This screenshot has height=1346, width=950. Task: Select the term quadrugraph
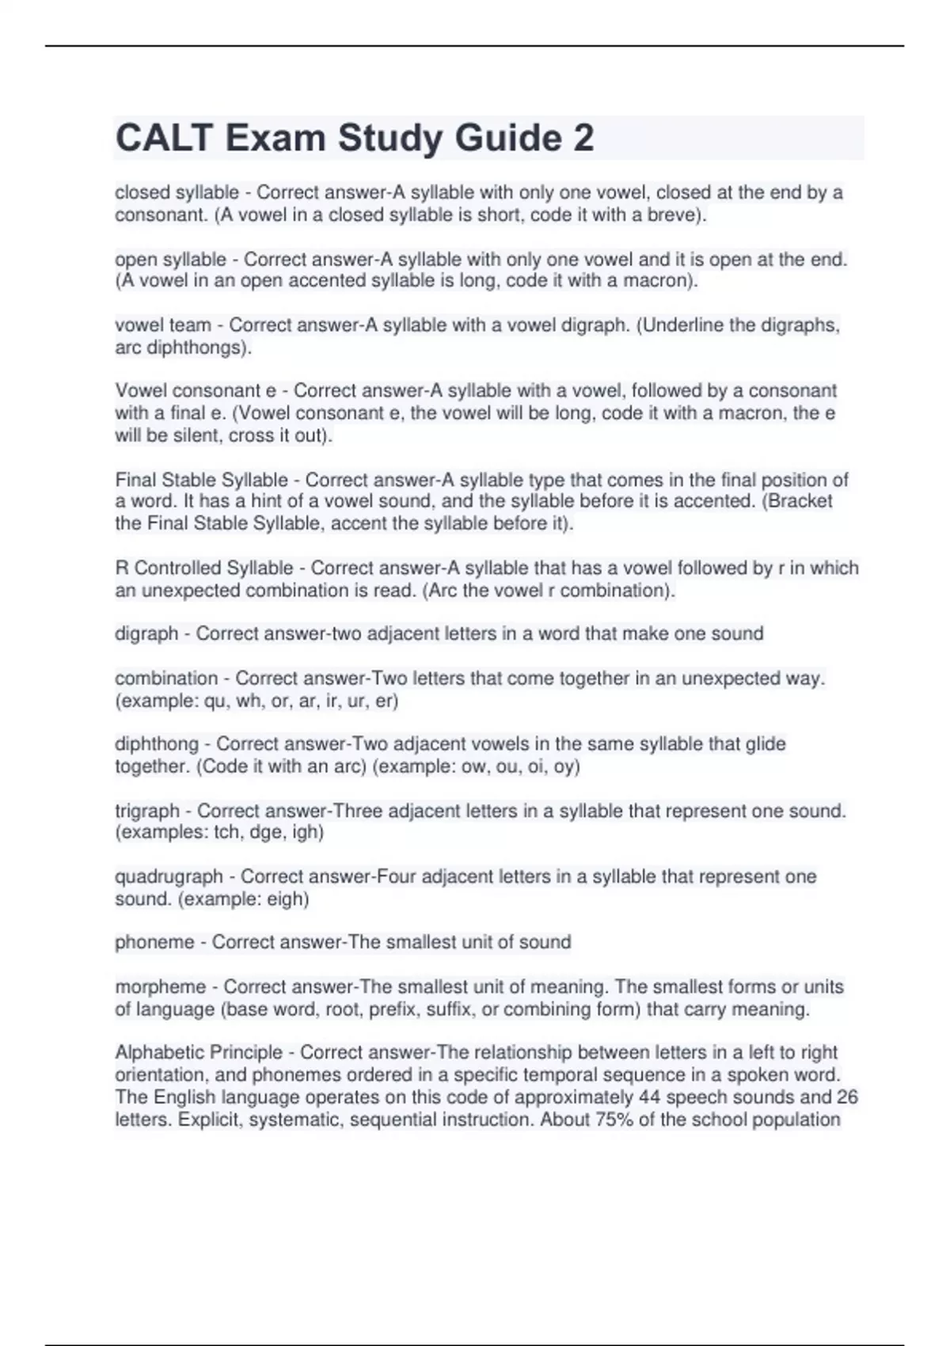point(169,876)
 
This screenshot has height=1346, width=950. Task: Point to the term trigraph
point(147,811)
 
